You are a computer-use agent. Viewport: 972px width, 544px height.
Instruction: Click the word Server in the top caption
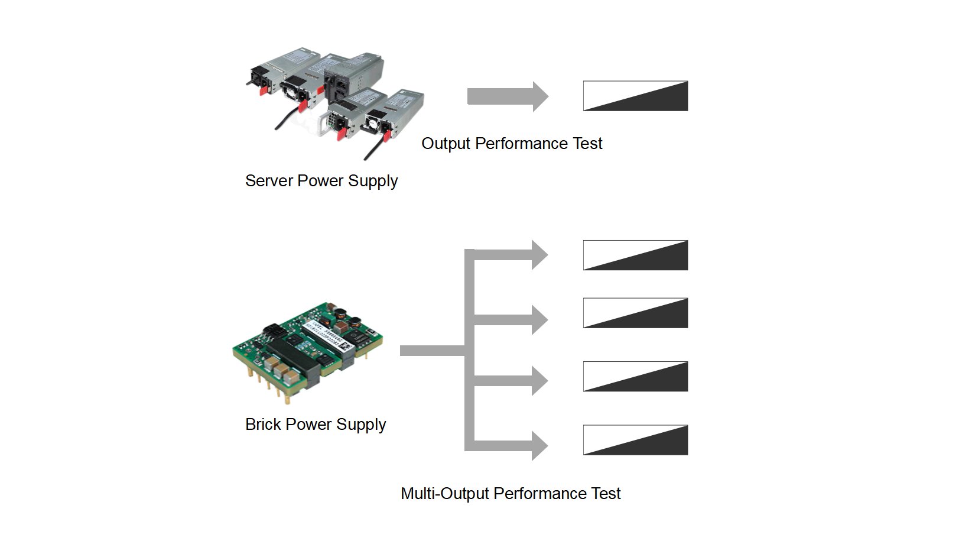[269, 180]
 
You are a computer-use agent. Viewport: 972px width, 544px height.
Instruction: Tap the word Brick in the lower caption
[263, 424]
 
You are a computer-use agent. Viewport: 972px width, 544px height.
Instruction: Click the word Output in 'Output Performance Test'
[446, 143]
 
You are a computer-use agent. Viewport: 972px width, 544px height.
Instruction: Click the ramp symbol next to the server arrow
[635, 96]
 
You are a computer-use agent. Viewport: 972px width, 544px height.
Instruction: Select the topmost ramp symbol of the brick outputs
[635, 255]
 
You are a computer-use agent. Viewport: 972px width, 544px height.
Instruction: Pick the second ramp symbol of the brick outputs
[635, 313]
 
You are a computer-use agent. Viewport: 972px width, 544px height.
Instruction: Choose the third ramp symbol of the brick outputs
[635, 377]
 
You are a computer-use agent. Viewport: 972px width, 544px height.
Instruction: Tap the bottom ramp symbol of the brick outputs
[635, 440]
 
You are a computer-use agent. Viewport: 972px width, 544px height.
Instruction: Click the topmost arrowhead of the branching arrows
[539, 255]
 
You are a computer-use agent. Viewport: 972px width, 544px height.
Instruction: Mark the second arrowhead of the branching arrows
[539, 320]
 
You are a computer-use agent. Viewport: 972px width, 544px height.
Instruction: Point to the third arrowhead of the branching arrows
[539, 381]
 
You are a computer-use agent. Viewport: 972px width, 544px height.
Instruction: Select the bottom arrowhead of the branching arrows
[539, 446]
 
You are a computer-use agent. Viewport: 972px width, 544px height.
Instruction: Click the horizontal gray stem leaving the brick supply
[431, 351]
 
